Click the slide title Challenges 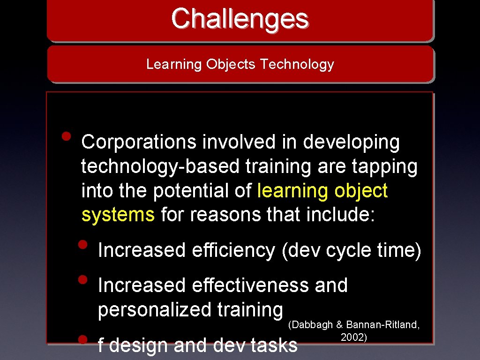click(240, 19)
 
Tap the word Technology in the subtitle click(297, 64)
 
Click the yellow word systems click(118, 215)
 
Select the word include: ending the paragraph click(341, 215)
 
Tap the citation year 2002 click(353, 337)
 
